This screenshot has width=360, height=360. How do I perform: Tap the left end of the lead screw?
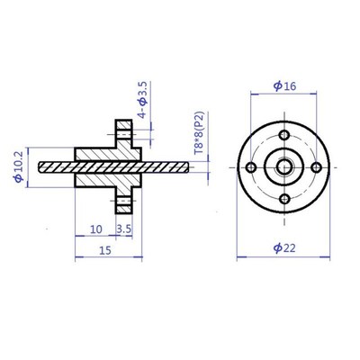coord(43,166)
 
